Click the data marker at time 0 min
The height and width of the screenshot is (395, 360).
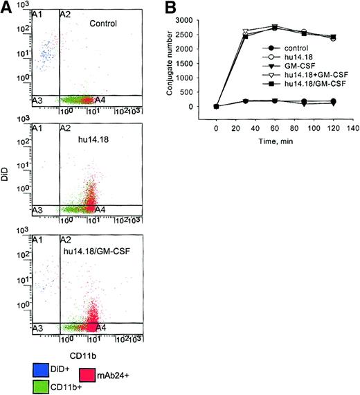[x=216, y=106]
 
